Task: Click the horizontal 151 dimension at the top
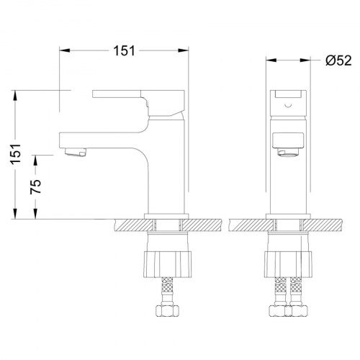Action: pyautogui.click(x=124, y=50)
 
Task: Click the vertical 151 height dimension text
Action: pyautogui.click(x=16, y=154)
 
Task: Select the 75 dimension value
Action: pyautogui.click(x=35, y=186)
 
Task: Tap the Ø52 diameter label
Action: pyautogui.click(x=338, y=60)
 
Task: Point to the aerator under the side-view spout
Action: pyautogui.click(x=75, y=152)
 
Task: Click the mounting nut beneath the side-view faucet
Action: pyautogui.click(x=168, y=264)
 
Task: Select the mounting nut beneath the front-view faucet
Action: pyautogui.click(x=288, y=264)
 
